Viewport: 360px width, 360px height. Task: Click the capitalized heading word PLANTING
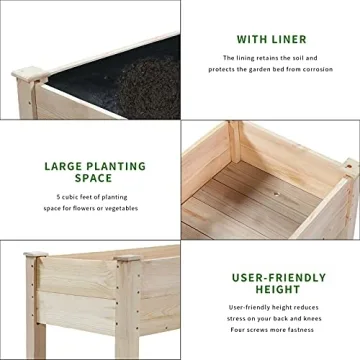[111, 166]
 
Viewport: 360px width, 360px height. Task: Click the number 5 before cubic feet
[58, 196]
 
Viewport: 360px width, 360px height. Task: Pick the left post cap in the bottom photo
[37, 256]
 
